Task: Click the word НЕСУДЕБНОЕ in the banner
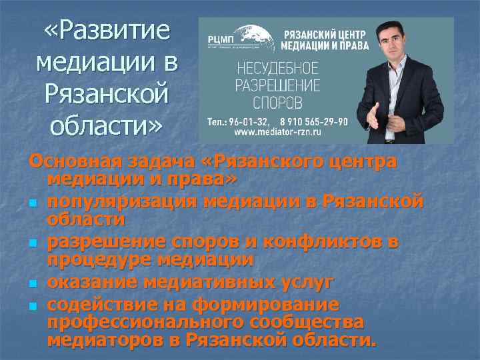[x=277, y=69]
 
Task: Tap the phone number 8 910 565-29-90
[x=310, y=121]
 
